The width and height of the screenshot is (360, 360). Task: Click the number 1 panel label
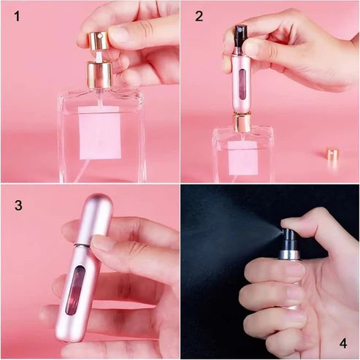[x=17, y=16]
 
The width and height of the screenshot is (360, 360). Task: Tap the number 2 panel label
[x=199, y=16]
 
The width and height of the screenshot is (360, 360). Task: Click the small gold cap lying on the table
[x=332, y=155]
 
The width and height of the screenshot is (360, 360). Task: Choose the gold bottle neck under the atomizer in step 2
[x=242, y=121]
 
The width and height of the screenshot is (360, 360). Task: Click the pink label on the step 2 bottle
[x=240, y=156]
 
